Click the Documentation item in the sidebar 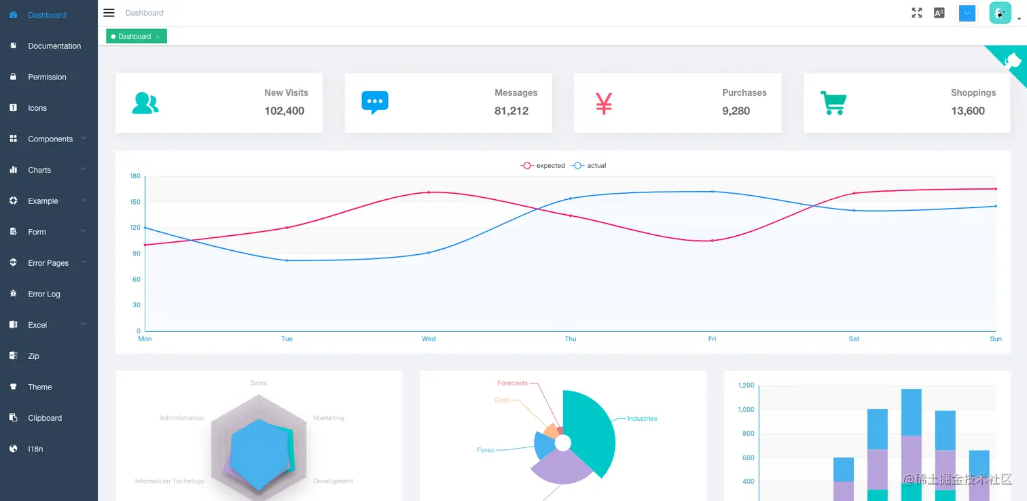(x=54, y=46)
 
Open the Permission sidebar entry (x=47, y=77)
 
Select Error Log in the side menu (x=43, y=294)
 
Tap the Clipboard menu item (x=44, y=418)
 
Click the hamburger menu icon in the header (x=109, y=13)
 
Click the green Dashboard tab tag (x=136, y=37)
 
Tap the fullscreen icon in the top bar (x=917, y=13)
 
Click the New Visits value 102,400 (x=284, y=111)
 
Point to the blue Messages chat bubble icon (x=375, y=103)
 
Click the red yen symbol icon (x=604, y=103)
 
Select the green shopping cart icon (x=833, y=103)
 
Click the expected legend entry (x=543, y=166)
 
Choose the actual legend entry (x=589, y=166)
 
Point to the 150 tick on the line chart (x=135, y=202)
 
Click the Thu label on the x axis (x=571, y=339)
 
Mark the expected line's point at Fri (x=713, y=241)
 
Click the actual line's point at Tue (x=287, y=260)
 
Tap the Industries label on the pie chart (x=642, y=419)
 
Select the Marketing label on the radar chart (x=329, y=418)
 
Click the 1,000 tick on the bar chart (x=745, y=409)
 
